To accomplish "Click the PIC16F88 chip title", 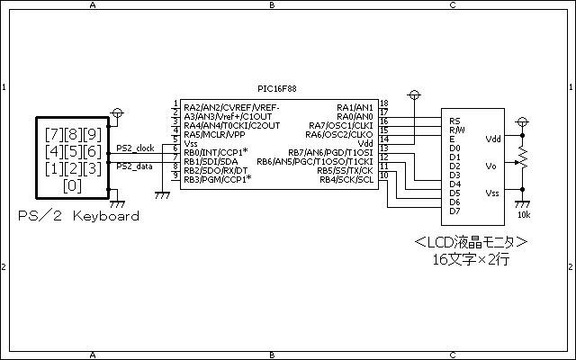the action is pos(277,89).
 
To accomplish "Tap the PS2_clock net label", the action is pos(135,148).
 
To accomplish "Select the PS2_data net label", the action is pos(134,166).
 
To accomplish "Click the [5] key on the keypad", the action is pos(73,151).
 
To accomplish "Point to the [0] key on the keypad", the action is pos(72,186).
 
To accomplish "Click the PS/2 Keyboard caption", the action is pos(78,216).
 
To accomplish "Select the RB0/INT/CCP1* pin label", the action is pos(216,152).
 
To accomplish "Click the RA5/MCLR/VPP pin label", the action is pos(214,134).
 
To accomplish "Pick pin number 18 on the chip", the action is pos(384,103).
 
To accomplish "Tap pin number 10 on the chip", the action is pos(384,175).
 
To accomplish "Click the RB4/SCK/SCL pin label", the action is pos(346,180).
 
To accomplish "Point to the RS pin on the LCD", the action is pos(454,121).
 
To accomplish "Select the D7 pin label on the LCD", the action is pos(454,211).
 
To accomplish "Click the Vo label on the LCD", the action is pos(490,166).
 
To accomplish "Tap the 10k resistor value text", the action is pos(524,215).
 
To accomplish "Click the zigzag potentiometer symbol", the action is pos(522,158).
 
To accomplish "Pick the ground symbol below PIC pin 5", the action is pos(162,195).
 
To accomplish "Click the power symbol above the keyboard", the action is pos(117,112).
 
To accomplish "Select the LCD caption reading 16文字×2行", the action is pos(471,260).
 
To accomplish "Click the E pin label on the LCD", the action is pos(452,139).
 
